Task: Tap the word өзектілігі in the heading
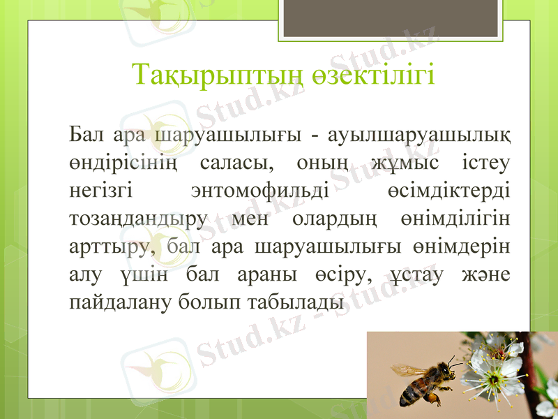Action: click(x=377, y=75)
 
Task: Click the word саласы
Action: click(x=236, y=161)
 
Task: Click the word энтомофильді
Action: click(x=260, y=190)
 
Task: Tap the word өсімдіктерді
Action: click(x=448, y=190)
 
